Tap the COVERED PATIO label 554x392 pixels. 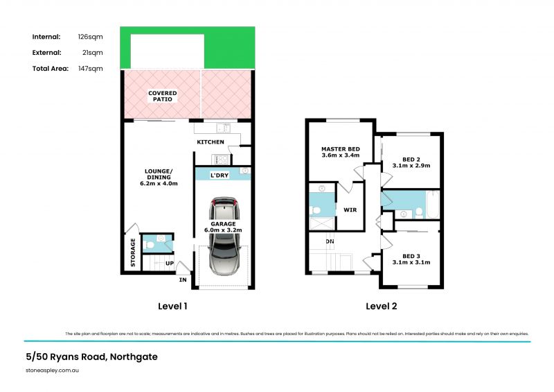click(162, 96)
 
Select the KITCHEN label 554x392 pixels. click(211, 142)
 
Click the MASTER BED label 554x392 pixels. click(340, 149)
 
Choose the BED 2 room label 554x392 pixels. click(411, 158)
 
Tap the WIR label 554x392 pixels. click(350, 209)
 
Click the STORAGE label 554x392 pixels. click(134, 253)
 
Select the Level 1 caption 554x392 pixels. click(173, 305)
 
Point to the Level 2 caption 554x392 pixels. click(382, 305)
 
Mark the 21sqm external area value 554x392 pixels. click(93, 52)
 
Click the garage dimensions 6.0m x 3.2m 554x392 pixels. click(224, 230)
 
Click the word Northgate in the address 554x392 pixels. click(134, 357)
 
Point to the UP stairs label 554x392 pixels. click(169, 264)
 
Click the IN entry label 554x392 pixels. click(183, 280)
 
